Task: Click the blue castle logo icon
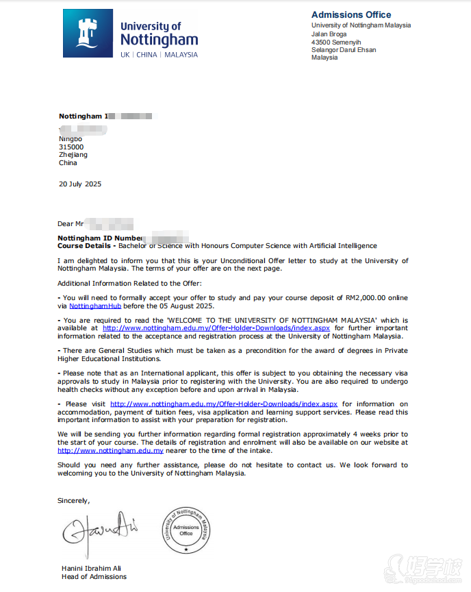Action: click(88, 34)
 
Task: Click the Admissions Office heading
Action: click(351, 14)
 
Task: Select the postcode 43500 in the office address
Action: click(322, 42)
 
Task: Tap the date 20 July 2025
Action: click(80, 184)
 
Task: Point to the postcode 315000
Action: click(71, 147)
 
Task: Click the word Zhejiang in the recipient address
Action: click(73, 155)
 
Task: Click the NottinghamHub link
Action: click(95, 306)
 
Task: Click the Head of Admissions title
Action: click(94, 576)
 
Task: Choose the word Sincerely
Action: click(73, 500)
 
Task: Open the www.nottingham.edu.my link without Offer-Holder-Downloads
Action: click(110, 450)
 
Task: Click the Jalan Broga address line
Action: click(329, 34)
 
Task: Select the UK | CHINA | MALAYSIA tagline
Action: click(159, 55)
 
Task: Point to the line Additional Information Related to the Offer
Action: click(129, 283)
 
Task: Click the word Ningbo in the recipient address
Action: click(71, 138)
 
